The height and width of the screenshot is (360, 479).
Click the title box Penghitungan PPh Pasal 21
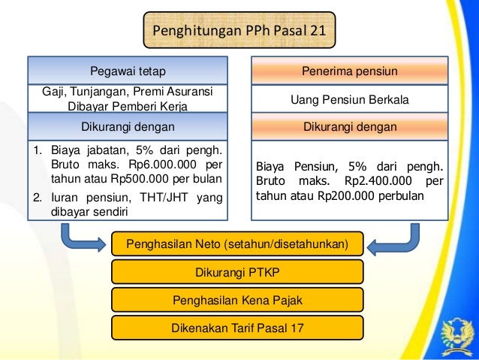pos(239,32)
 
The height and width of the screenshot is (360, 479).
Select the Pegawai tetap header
pos(128,71)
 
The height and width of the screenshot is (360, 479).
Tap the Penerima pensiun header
pos(349,71)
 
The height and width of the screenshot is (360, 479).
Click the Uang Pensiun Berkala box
pos(349,99)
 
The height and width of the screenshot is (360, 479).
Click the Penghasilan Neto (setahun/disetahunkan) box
pos(237,244)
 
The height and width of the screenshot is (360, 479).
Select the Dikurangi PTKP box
pos(237,272)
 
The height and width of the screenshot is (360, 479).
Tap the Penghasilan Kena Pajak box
pos(237,300)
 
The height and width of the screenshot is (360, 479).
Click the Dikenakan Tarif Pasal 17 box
pos(237,328)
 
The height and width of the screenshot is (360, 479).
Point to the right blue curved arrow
pos(397,239)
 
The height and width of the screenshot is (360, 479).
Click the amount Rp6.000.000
pos(161,164)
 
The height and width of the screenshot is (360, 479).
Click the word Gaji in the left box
pos(55,92)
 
